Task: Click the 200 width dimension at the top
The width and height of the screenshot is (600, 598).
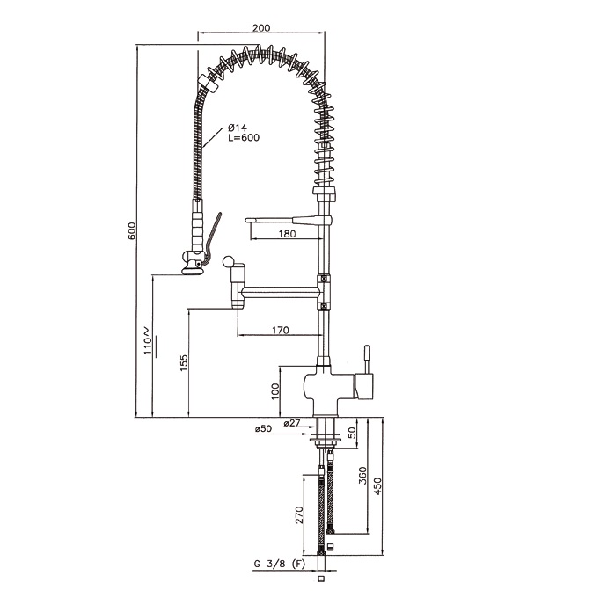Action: (x=261, y=27)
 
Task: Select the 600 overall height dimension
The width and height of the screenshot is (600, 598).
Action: (x=132, y=230)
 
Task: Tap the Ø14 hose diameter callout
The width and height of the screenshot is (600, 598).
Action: (x=238, y=128)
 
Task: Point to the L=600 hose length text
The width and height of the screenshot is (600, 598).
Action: (x=244, y=137)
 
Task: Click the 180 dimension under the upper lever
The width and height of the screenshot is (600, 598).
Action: (x=287, y=233)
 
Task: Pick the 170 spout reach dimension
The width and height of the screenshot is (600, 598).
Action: (x=281, y=330)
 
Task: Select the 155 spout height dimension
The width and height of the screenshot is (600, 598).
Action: (x=184, y=363)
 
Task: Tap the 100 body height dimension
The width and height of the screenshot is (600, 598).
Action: (x=275, y=391)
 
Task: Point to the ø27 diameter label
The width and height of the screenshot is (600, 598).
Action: (x=292, y=423)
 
